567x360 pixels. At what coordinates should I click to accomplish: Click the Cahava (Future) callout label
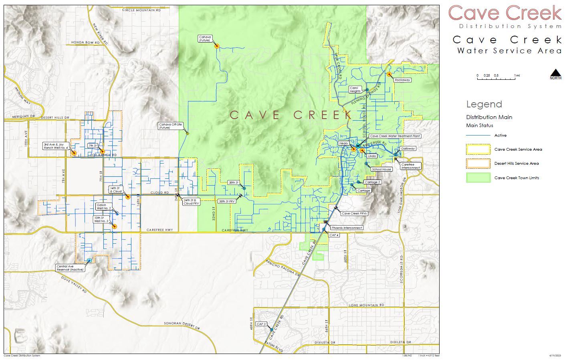point(204,38)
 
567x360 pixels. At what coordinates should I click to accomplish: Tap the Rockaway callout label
point(402,80)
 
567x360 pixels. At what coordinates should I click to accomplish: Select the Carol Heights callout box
point(355,89)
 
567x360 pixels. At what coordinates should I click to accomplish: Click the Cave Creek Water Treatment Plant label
point(395,136)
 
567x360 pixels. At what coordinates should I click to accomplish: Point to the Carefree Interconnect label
point(410,166)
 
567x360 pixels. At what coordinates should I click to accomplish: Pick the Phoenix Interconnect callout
point(347,228)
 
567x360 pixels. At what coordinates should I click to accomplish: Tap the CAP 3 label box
point(261,324)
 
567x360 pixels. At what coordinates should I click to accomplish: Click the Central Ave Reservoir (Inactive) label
point(70,268)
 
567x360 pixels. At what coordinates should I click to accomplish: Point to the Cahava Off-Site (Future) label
point(170,126)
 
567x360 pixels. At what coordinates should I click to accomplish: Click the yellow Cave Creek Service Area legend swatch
point(478,150)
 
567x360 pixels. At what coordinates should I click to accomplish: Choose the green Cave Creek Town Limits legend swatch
point(478,178)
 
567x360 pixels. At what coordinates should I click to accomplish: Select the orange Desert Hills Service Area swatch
point(478,164)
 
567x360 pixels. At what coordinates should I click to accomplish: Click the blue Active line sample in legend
point(478,136)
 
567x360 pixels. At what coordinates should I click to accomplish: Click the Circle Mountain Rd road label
point(141,10)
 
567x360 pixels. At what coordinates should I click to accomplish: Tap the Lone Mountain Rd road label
point(366,305)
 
